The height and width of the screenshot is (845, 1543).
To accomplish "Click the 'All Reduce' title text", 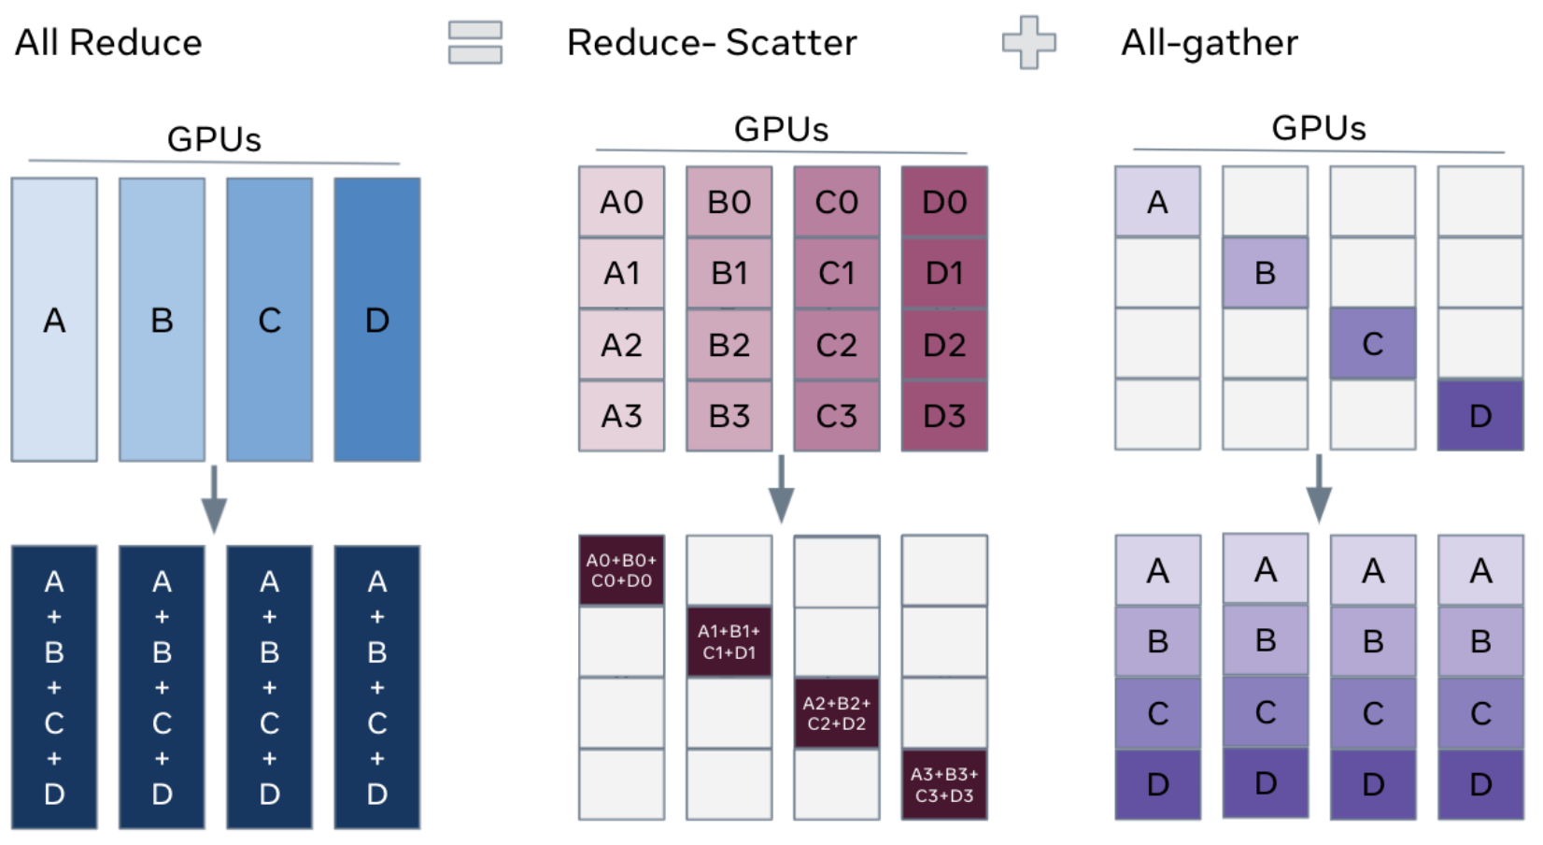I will coord(108,43).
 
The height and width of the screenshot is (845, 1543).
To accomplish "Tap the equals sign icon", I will coord(474,43).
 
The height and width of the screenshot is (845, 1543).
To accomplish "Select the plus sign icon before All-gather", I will coord(1028,42).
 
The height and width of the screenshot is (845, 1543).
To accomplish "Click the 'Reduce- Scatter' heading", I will coord(712,43).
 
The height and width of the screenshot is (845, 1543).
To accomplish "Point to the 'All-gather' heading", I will coord(1209,43).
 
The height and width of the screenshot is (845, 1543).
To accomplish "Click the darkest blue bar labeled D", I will coord(377,320).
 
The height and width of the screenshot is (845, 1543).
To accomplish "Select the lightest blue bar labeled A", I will coord(54,320).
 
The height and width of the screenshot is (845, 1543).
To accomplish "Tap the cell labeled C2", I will coord(836,345).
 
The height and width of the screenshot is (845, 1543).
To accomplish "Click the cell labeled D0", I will coord(944,202).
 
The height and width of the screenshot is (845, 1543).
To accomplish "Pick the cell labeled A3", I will coord(621,416).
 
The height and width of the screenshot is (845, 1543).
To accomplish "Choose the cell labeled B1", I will coord(729,273).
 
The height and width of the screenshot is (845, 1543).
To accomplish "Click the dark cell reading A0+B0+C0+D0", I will coord(621,570).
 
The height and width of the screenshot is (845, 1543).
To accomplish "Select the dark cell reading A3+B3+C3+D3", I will coord(944,785).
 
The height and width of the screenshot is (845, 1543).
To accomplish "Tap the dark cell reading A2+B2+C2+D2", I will coord(836,713).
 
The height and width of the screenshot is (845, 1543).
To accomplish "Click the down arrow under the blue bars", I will coord(214,499).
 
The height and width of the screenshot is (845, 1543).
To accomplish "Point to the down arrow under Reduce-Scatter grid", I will coord(781,489).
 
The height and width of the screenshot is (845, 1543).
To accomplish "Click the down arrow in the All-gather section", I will coord(1318,489).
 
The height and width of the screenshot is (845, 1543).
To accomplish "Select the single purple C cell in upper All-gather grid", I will coord(1372,344).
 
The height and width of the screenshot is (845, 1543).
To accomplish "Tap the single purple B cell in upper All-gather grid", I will coord(1265,273).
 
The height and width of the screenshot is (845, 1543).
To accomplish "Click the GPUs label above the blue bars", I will coord(214,139).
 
